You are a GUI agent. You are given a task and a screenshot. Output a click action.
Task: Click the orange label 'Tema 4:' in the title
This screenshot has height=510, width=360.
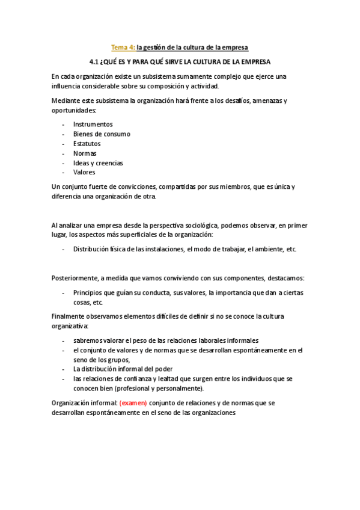coord(124,47)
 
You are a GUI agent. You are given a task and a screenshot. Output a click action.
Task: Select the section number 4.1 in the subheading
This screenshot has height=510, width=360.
coord(93,62)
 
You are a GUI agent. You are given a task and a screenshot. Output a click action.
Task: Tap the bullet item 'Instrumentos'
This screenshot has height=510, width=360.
coord(93,124)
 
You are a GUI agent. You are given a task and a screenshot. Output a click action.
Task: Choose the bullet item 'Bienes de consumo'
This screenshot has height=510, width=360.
coord(102,134)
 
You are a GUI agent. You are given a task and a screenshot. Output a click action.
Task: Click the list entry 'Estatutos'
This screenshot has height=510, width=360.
coord(87,144)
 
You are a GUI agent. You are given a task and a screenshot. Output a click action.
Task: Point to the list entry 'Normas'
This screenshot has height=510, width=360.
coord(85,153)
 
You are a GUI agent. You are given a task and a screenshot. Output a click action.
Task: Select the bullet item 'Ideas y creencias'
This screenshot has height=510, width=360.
coord(98,163)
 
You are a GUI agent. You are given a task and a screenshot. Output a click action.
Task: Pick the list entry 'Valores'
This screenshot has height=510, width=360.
coord(84,173)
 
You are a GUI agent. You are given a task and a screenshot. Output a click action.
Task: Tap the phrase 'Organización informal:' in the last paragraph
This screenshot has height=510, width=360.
coord(84,403)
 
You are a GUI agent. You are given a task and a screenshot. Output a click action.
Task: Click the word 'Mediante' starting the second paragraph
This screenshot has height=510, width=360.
coord(66,101)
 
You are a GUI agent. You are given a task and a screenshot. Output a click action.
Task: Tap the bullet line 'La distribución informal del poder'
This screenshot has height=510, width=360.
coord(123,369)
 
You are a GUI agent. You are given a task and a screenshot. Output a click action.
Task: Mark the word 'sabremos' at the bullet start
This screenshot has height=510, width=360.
coord(88,339)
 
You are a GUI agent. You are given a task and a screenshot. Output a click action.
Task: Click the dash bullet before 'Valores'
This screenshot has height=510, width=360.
coord(64,173)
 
